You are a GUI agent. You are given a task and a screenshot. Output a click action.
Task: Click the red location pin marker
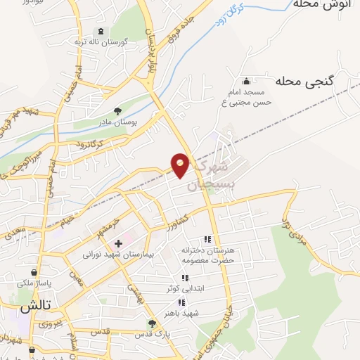click(181, 165)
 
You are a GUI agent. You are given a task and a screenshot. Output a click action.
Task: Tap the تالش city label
click(35, 307)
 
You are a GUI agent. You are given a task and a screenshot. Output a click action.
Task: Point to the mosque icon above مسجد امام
click(245, 81)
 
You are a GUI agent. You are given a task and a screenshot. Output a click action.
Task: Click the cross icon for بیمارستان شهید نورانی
click(118, 244)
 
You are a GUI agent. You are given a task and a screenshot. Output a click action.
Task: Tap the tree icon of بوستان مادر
click(117, 110)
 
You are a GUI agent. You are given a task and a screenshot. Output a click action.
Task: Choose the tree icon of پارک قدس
click(151, 323)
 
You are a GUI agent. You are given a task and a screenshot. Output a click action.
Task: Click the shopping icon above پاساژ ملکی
click(34, 272)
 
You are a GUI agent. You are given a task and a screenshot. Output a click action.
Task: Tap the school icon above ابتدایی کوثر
click(185, 278)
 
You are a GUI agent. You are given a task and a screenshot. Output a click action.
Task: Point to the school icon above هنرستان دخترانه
click(207, 240)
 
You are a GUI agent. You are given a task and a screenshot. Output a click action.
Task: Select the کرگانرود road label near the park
click(86, 143)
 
